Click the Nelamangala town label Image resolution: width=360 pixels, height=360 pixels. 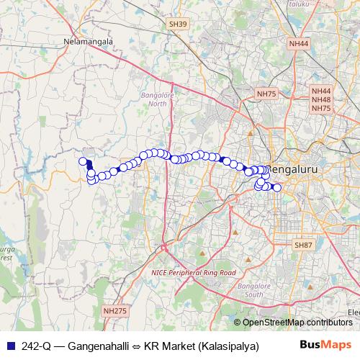89,42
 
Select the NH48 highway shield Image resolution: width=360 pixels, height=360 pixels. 320,99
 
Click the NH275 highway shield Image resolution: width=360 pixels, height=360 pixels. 114,310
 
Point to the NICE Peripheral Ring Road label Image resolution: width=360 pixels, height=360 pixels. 194,274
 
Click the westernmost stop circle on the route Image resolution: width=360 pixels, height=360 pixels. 83,162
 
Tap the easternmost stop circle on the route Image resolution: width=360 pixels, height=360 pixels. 277,189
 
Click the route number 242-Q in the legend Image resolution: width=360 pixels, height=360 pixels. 37,346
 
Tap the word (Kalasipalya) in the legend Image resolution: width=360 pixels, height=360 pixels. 231,346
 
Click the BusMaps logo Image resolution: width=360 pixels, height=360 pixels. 325,344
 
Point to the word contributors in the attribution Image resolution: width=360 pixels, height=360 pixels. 332,323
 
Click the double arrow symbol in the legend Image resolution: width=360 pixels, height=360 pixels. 135,346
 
